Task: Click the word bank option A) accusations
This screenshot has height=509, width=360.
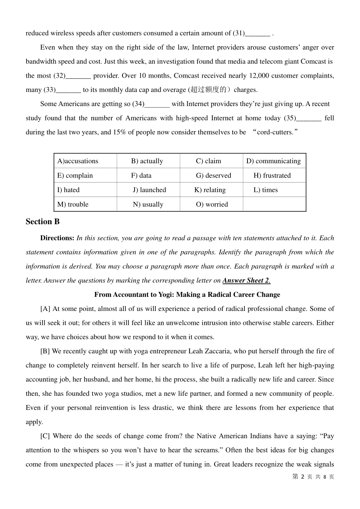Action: click(78, 161)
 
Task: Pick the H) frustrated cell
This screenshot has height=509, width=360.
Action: click(272, 175)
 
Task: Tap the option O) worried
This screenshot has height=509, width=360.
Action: click(212, 204)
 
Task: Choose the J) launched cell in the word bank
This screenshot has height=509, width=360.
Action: click(149, 190)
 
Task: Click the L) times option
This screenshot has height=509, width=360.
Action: click(265, 190)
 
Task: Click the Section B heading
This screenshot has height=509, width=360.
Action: click(42, 222)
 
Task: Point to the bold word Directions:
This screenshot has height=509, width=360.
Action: click(57, 238)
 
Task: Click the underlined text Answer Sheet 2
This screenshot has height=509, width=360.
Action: click(246, 280)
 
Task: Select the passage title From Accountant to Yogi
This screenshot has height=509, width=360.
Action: click(187, 294)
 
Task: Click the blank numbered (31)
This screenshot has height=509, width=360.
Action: click(258, 33)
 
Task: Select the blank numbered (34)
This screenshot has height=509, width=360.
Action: click(157, 104)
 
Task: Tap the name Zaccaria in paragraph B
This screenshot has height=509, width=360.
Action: click(217, 351)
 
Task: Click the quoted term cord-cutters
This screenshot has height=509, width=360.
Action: click(275, 132)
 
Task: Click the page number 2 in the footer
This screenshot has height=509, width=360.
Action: click(302, 477)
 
